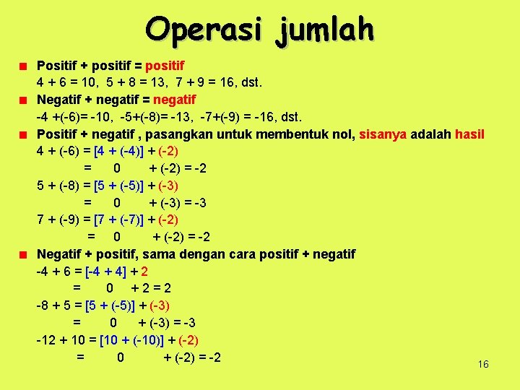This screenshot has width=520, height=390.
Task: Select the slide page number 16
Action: pyautogui.click(x=483, y=364)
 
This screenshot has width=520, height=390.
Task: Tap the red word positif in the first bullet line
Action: pyautogui.click(x=165, y=66)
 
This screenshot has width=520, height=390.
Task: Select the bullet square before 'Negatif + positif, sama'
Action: pyautogui.click(x=24, y=254)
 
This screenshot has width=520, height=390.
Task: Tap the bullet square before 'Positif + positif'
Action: pyautogui.click(x=24, y=66)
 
